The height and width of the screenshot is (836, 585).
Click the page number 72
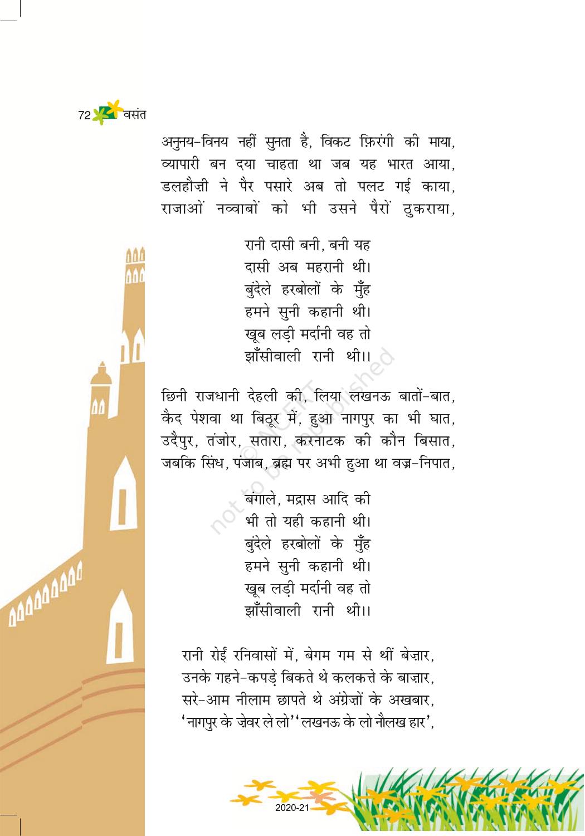(84, 115)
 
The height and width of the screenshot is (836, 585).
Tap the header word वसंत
(135, 115)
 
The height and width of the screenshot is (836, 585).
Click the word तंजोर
(222, 441)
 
